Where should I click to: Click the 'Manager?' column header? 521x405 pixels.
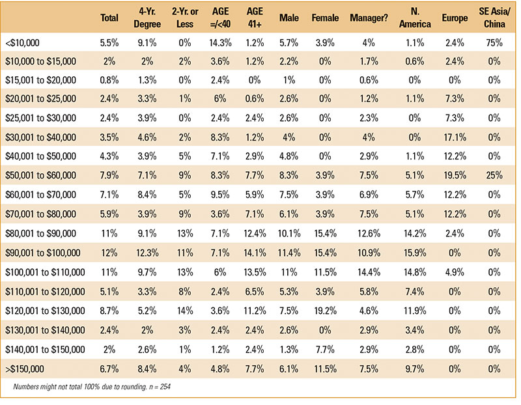[x=369, y=18]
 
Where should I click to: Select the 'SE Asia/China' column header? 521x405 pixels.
[x=494, y=18]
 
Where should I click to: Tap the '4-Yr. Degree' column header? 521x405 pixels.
[x=147, y=18]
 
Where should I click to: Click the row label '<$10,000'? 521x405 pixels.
[x=22, y=43]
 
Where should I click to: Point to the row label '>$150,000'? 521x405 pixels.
[x=25, y=369]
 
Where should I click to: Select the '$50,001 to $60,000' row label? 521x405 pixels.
[x=40, y=175]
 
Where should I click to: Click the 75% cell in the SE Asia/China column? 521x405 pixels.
[x=494, y=43]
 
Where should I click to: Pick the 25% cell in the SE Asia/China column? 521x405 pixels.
[x=494, y=175]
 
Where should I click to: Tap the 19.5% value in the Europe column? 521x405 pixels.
[x=455, y=175]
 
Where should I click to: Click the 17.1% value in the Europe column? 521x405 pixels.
[x=455, y=137]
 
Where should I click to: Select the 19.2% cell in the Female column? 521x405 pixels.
[x=325, y=311]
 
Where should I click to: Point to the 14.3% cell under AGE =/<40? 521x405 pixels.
[x=220, y=43]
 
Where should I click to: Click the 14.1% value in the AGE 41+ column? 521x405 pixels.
[x=255, y=253]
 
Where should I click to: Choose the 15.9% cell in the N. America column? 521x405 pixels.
[x=415, y=253]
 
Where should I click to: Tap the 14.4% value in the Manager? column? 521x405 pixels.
[x=369, y=272]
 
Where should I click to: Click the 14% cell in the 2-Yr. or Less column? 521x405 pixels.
[x=185, y=311]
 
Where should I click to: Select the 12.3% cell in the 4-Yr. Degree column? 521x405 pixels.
[x=147, y=253]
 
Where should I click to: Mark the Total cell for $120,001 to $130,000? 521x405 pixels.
[x=109, y=311]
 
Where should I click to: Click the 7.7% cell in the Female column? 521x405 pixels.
[x=325, y=350]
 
